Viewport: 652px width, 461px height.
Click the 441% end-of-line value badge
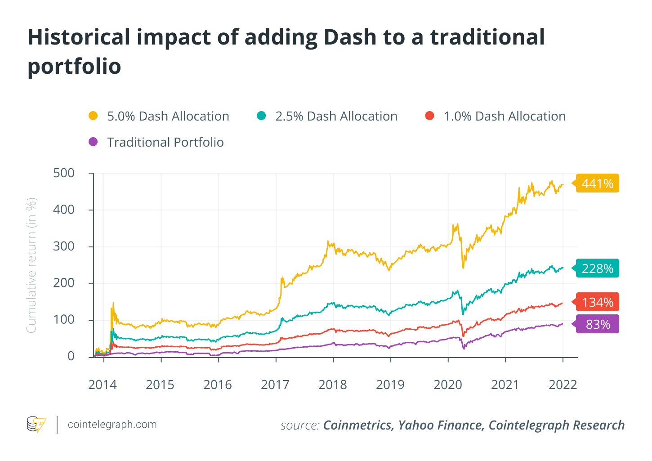(597, 184)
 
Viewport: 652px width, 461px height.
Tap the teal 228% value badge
(597, 269)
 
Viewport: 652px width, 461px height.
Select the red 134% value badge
(597, 302)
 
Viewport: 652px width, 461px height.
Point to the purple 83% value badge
(598, 324)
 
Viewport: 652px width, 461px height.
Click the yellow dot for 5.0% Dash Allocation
(93, 116)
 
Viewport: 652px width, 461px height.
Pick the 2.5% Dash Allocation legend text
(336, 116)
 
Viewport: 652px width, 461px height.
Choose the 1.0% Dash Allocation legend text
(505, 116)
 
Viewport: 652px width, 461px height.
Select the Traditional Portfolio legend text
(165, 143)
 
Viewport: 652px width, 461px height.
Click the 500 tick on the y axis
(64, 173)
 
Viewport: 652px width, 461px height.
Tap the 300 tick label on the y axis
(64, 246)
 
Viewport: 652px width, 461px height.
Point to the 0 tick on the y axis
(71, 356)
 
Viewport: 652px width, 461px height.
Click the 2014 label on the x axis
(103, 385)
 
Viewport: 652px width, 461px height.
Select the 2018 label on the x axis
(333, 385)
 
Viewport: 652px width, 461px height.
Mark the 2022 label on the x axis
(563, 385)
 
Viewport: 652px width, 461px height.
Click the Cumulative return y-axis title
(31, 265)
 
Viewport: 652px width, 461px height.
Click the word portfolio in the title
(74, 67)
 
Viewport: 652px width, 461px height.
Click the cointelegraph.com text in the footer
(112, 425)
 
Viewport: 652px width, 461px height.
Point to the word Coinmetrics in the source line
(358, 425)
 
